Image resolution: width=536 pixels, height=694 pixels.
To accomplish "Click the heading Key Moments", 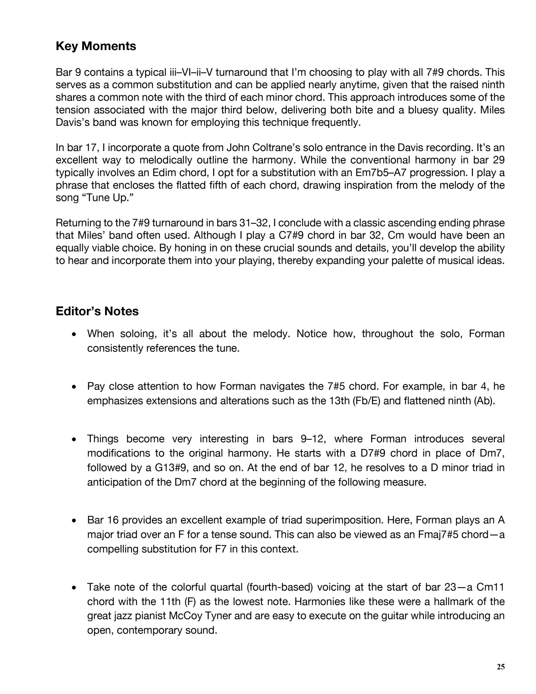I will point(96,46).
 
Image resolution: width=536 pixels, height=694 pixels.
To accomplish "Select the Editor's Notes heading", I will point(97,311).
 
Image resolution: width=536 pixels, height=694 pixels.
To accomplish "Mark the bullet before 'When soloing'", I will point(74,334).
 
